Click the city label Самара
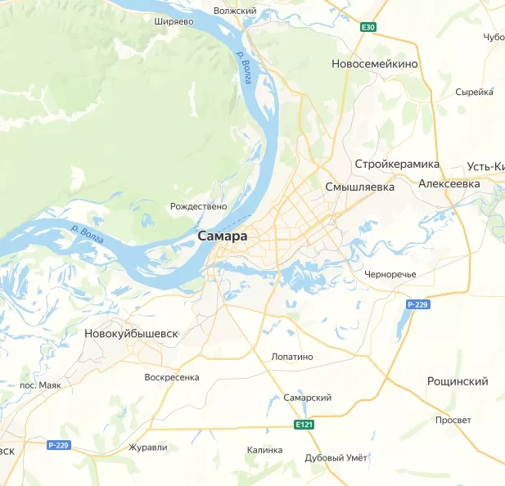(x=222, y=236)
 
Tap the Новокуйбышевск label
(x=131, y=334)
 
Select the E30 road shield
(x=368, y=27)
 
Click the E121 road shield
(x=304, y=424)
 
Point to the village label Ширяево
(x=174, y=22)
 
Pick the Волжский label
(x=235, y=11)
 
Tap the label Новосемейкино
(x=375, y=63)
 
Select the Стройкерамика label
(x=397, y=164)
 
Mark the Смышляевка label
(x=359, y=187)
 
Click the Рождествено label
(x=198, y=207)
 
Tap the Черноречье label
(x=390, y=273)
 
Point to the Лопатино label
(x=292, y=357)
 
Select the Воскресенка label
(x=171, y=377)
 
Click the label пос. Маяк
(x=40, y=385)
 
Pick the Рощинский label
(x=458, y=381)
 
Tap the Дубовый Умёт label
(x=336, y=457)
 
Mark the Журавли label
(x=148, y=448)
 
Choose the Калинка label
(x=264, y=450)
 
